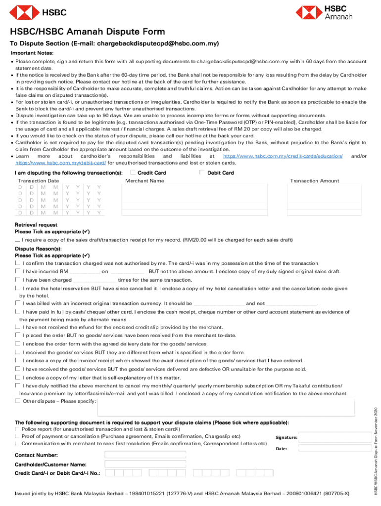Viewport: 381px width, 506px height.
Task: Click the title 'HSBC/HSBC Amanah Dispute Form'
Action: pyautogui.click(x=88, y=32)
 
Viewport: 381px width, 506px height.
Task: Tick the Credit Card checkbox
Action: pyautogui.click(x=133, y=172)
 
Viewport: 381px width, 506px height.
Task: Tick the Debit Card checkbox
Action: pyautogui.click(x=202, y=172)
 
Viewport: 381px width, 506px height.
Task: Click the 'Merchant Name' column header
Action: pyautogui.click(x=144, y=181)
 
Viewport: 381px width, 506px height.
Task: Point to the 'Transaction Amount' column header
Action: pyautogui.click(x=314, y=181)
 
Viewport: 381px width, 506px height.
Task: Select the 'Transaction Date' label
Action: pyautogui.click(x=39, y=181)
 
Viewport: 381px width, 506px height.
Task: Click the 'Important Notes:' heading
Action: pyautogui.click(x=32, y=53)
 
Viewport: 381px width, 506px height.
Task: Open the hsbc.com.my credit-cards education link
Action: pyautogui.click(x=283, y=156)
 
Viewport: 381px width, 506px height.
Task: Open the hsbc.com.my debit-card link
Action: pyautogui.click(x=60, y=163)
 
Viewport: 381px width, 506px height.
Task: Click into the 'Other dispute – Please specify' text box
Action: pyautogui.click(x=226, y=407)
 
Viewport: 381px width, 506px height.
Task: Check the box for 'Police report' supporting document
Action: pyautogui.click(x=18, y=430)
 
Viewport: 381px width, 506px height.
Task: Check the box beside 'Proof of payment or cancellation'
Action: pyautogui.click(x=18, y=437)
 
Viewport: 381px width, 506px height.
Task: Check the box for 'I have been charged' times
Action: pyautogui.click(x=18, y=280)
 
